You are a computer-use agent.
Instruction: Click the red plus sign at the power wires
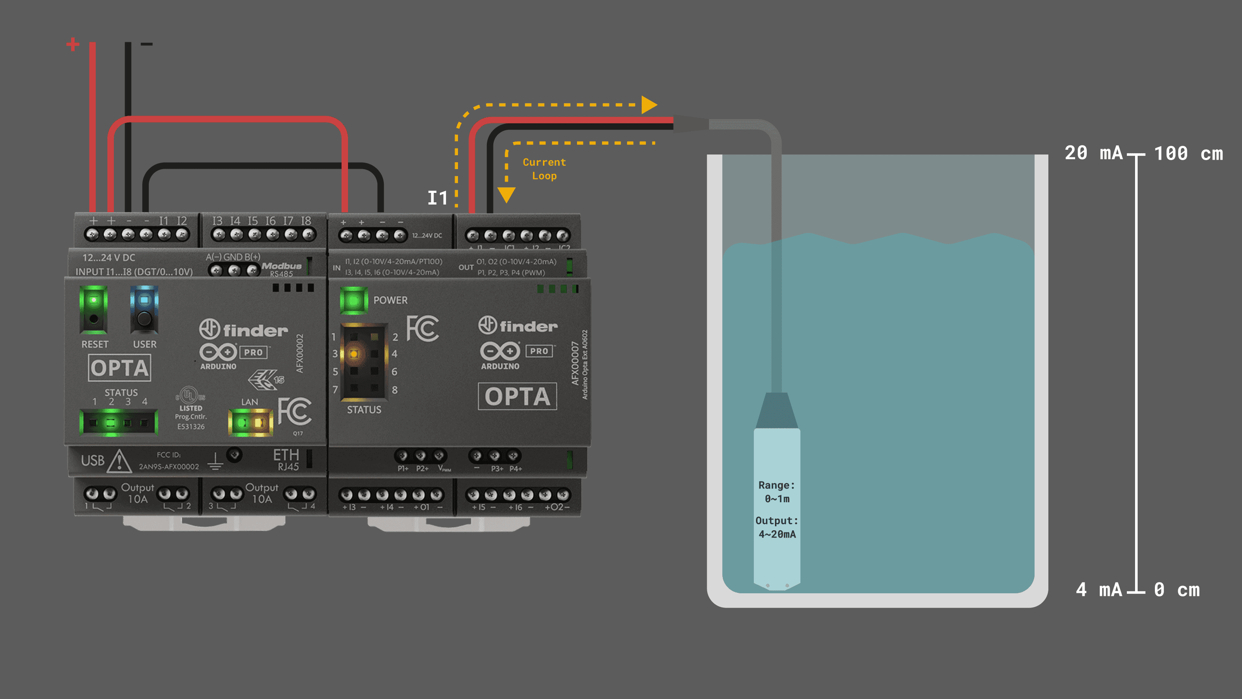73,44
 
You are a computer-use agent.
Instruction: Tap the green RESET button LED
94,301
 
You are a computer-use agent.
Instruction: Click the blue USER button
144,301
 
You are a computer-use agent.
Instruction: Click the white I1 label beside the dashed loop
437,198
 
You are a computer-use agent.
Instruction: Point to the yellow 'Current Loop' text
544,169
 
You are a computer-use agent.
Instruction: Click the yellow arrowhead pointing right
649,105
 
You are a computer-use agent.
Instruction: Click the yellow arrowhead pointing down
506,195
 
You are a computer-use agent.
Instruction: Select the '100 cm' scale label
1189,154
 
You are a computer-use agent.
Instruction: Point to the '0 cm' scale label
1176,589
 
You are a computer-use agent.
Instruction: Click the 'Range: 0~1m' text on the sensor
777,491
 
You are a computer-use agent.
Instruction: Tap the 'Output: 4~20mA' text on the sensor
777,527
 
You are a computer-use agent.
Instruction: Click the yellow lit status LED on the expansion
354,354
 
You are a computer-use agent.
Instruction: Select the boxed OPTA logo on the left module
119,368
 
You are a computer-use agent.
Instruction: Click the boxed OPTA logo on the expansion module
517,397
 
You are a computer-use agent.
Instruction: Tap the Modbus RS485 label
282,269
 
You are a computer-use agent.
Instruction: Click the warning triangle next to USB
119,461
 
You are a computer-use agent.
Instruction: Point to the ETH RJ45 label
286,460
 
